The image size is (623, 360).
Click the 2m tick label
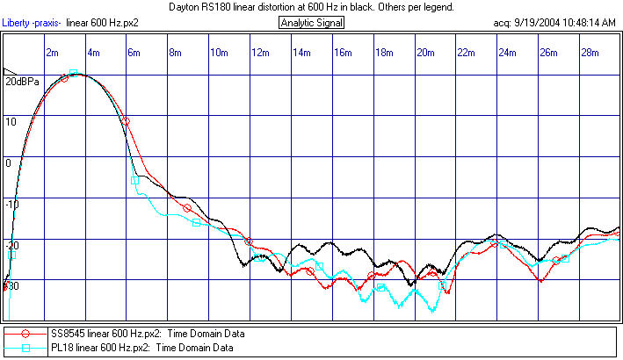click(53, 53)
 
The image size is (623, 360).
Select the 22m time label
click(467, 53)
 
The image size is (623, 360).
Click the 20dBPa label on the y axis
click(22, 82)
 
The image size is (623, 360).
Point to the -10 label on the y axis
click(11, 204)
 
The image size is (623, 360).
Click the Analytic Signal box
click(312, 22)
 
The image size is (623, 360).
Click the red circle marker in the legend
click(26, 334)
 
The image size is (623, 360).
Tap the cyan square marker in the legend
click(26, 348)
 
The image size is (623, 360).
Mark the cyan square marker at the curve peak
click(74, 73)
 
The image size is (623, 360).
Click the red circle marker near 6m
click(126, 121)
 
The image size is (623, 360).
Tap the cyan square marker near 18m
click(380, 287)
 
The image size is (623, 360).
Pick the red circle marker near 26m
click(556, 260)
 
